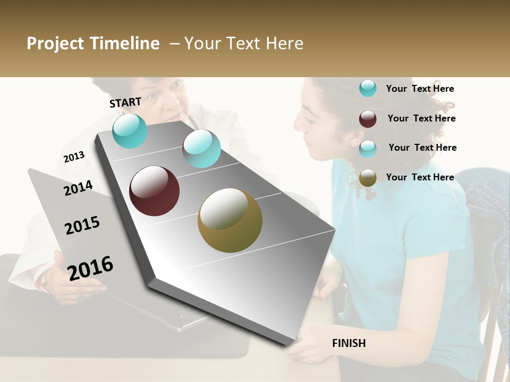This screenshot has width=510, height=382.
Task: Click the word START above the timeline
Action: tap(125, 102)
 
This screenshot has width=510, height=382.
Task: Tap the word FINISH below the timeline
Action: tap(348, 343)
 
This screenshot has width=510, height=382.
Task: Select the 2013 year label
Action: tap(74, 157)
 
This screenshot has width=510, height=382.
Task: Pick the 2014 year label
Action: tap(78, 188)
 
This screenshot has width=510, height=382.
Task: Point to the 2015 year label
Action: tap(82, 225)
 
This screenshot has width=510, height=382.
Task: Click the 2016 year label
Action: tap(90, 268)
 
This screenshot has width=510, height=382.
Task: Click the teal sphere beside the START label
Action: tap(130, 131)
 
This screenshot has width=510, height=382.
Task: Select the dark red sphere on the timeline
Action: tap(154, 191)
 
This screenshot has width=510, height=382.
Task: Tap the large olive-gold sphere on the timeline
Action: tap(229, 220)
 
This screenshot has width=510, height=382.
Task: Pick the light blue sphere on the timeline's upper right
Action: tap(201, 149)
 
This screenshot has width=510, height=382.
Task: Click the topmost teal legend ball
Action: tap(368, 88)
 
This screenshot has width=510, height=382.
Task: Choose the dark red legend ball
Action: tap(368, 119)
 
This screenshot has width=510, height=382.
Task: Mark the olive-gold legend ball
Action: tap(368, 178)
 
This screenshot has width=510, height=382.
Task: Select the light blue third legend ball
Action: tap(368, 149)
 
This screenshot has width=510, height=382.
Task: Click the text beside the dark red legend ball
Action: tap(421, 118)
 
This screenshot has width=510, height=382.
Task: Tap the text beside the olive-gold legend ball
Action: tap(420, 177)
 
